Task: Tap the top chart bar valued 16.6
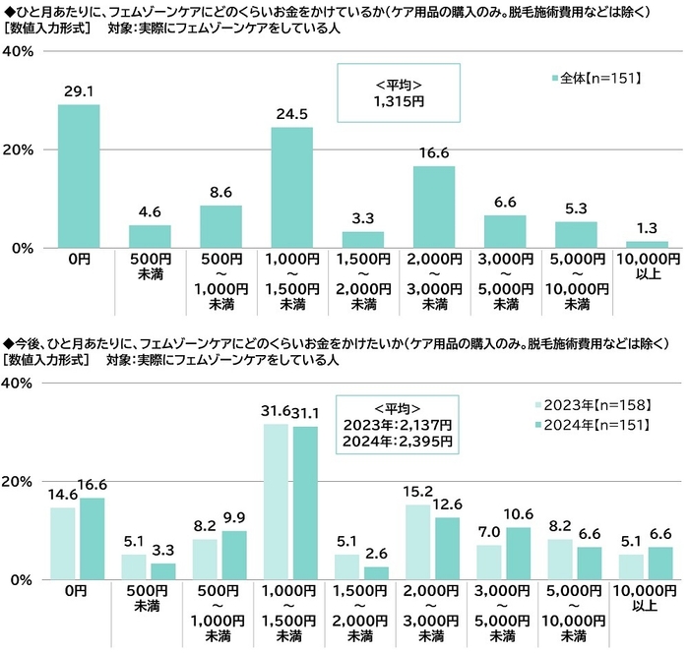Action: pyautogui.click(x=434, y=207)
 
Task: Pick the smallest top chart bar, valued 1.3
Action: pyautogui.click(x=647, y=244)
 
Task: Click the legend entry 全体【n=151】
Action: pyautogui.click(x=602, y=76)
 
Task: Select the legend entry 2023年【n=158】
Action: pyautogui.click(x=593, y=404)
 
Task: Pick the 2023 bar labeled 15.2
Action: pyautogui.click(x=418, y=542)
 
